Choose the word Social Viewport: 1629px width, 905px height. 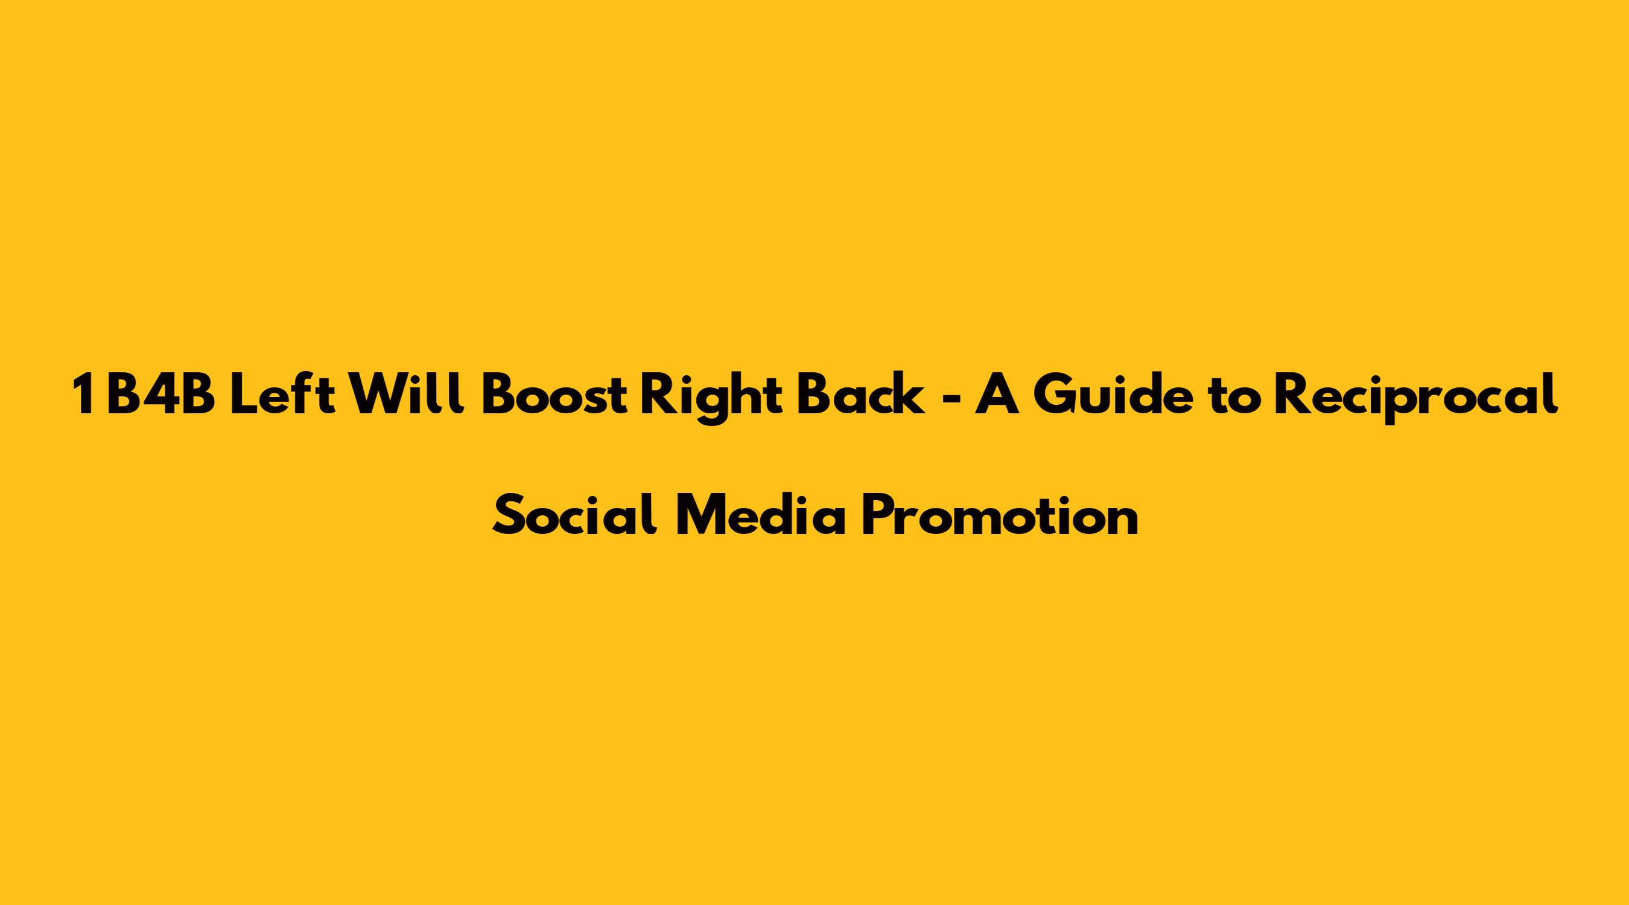click(x=574, y=516)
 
